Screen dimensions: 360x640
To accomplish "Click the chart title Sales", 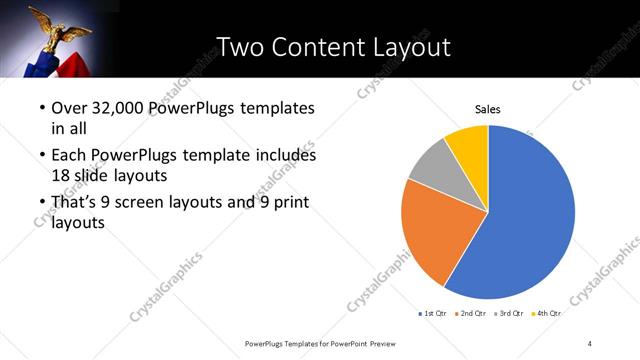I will click(487, 110).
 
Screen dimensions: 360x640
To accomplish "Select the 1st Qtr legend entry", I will click(433, 313).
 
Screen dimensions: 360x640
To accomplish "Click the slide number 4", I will click(590, 343).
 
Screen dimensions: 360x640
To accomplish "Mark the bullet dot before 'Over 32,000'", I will click(41, 108).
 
